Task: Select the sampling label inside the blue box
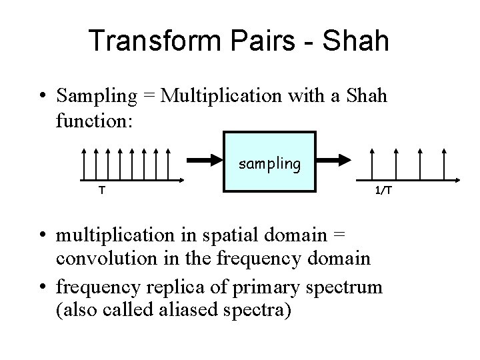(269, 163)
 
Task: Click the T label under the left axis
(101, 191)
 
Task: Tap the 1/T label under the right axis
(383, 191)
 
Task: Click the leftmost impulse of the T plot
(83, 164)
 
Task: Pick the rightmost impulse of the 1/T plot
(444, 164)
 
